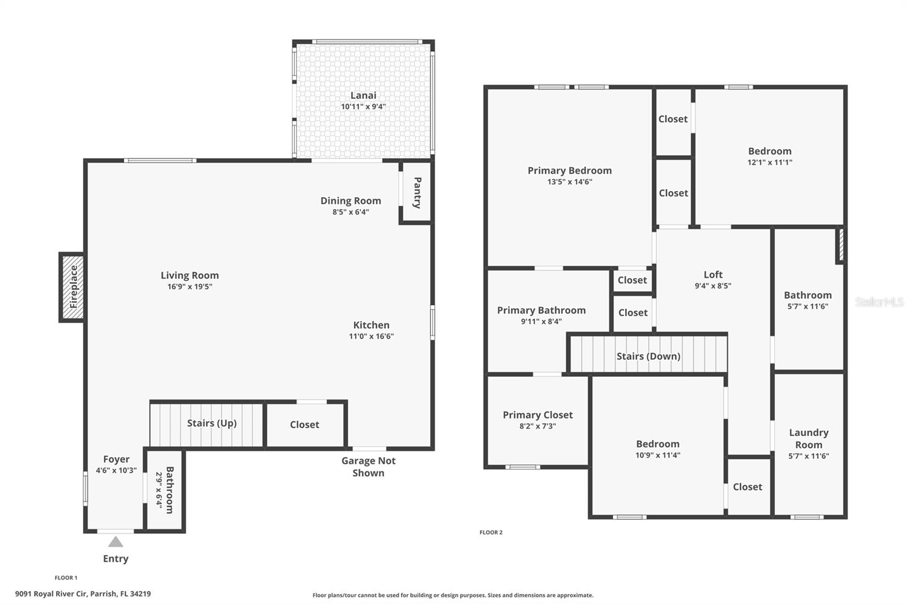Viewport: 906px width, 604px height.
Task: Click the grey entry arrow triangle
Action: (116, 542)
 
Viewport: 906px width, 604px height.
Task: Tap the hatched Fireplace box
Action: (72, 287)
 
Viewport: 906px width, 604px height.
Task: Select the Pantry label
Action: (417, 192)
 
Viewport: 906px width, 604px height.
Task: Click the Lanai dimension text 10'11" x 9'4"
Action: (363, 107)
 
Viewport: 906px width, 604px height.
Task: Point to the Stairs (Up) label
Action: (212, 423)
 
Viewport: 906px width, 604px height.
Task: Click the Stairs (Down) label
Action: (648, 356)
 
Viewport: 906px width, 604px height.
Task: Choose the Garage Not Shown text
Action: (369, 467)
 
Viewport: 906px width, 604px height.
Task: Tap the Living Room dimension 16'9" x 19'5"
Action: (190, 287)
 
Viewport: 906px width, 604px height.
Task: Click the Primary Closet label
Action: (537, 415)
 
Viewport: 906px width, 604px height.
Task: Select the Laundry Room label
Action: (809, 439)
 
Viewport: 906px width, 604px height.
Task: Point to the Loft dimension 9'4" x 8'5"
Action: (713, 286)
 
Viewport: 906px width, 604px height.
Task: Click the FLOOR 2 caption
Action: (491, 533)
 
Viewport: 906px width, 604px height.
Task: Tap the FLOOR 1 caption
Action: (66, 578)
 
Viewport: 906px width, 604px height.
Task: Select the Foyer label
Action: (116, 459)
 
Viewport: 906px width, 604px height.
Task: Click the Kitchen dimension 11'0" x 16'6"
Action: (371, 336)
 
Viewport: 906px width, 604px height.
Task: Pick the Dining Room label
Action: (351, 201)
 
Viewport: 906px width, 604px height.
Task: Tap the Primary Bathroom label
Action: (541, 310)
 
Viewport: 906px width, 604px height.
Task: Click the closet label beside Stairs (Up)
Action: (305, 424)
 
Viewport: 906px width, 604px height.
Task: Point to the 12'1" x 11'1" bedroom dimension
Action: (770, 163)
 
